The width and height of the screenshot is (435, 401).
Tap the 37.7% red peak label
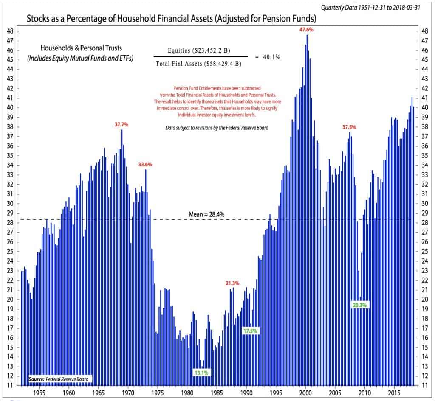pos(121,125)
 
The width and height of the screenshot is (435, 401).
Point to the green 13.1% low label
pos(203,373)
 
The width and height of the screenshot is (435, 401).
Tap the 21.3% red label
pos(232,283)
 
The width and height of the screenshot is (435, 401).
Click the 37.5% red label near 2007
pos(350,127)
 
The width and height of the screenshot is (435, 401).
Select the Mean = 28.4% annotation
pos(206,215)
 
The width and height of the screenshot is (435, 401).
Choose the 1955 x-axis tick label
pos(40,393)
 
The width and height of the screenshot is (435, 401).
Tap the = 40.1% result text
pos(267,57)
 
